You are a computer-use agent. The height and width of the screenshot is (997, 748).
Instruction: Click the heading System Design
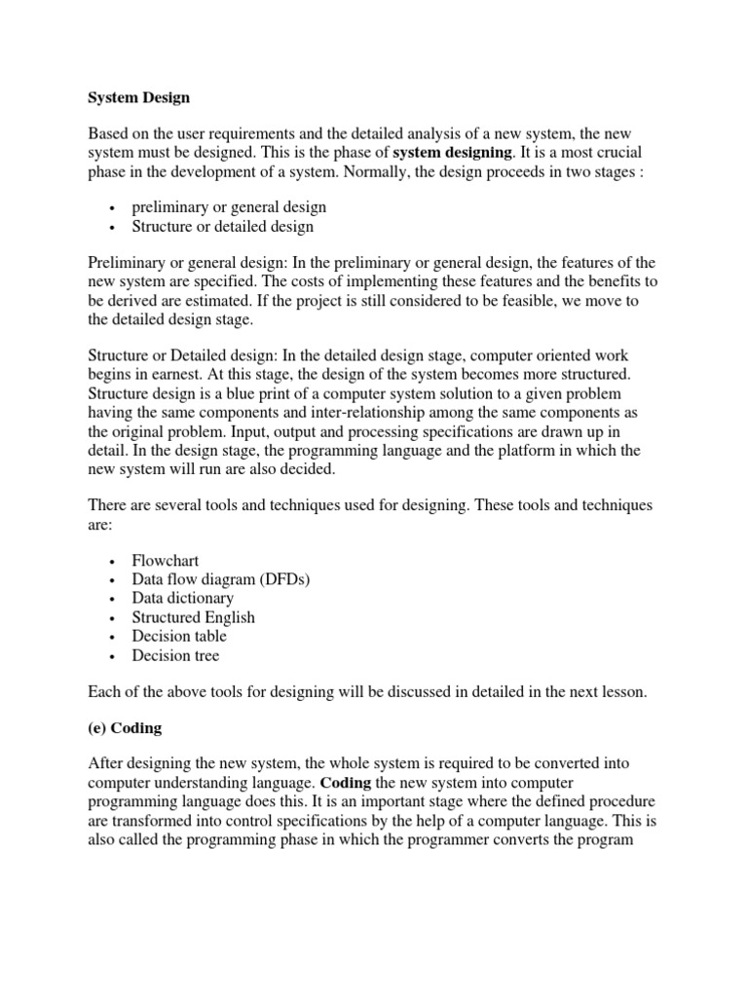pos(138,98)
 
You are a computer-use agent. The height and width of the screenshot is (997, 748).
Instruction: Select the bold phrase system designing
pos(451,153)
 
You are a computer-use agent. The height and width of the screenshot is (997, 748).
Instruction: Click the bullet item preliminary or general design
pos(229,207)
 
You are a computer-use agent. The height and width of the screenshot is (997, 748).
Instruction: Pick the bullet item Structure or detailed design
pos(223,227)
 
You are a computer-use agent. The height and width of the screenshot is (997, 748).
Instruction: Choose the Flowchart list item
pos(166,562)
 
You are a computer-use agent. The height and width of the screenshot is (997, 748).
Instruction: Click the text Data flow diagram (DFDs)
pos(221,580)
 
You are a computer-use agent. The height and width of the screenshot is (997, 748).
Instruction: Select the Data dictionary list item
pos(183,599)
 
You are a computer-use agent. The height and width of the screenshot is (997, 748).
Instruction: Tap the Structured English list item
pos(194,617)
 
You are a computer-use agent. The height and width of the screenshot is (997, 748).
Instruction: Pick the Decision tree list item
pos(176,655)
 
